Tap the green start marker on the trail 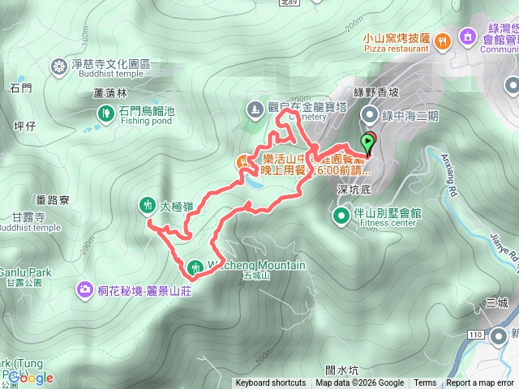(x=369, y=143)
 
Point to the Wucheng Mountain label (x=257, y=265)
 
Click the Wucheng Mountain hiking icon (x=195, y=267)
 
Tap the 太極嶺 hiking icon (x=148, y=205)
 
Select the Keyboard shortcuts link (x=271, y=383)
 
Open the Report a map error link (x=481, y=383)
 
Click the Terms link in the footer (x=425, y=383)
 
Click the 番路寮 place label (x=53, y=199)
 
